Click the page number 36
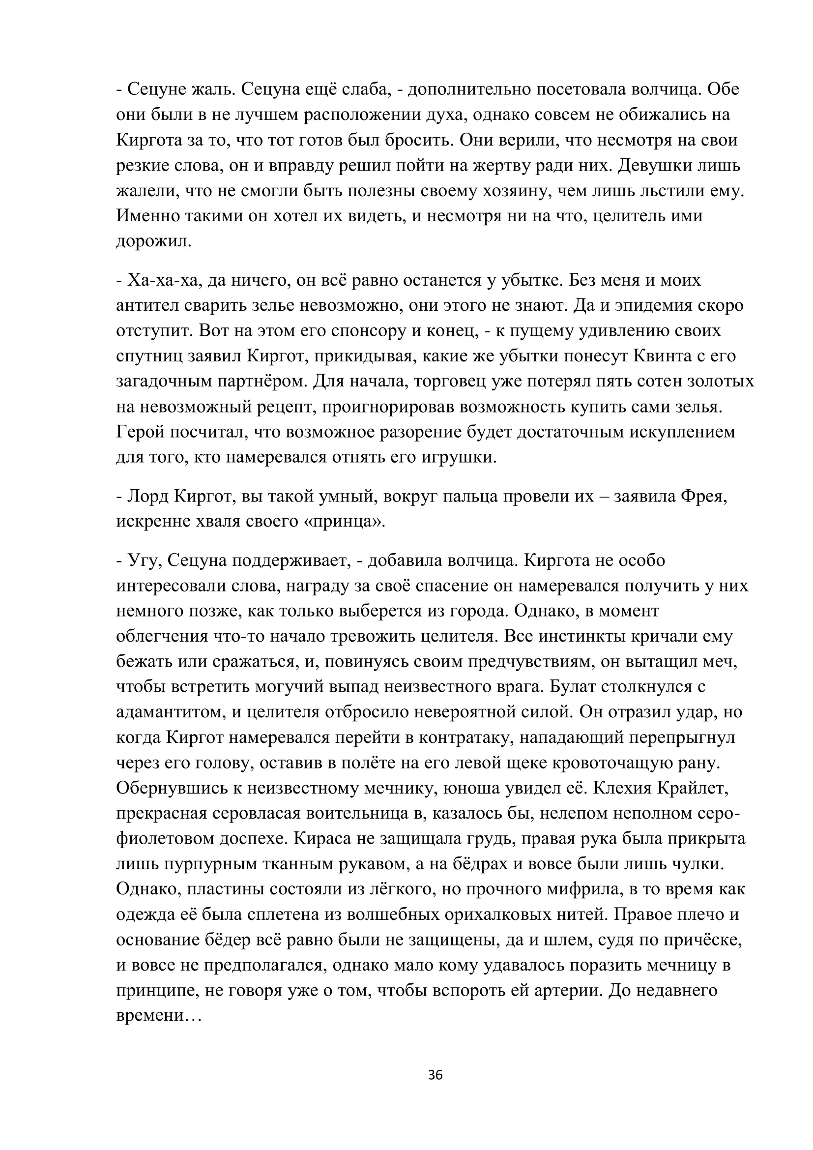[x=435, y=1075]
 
